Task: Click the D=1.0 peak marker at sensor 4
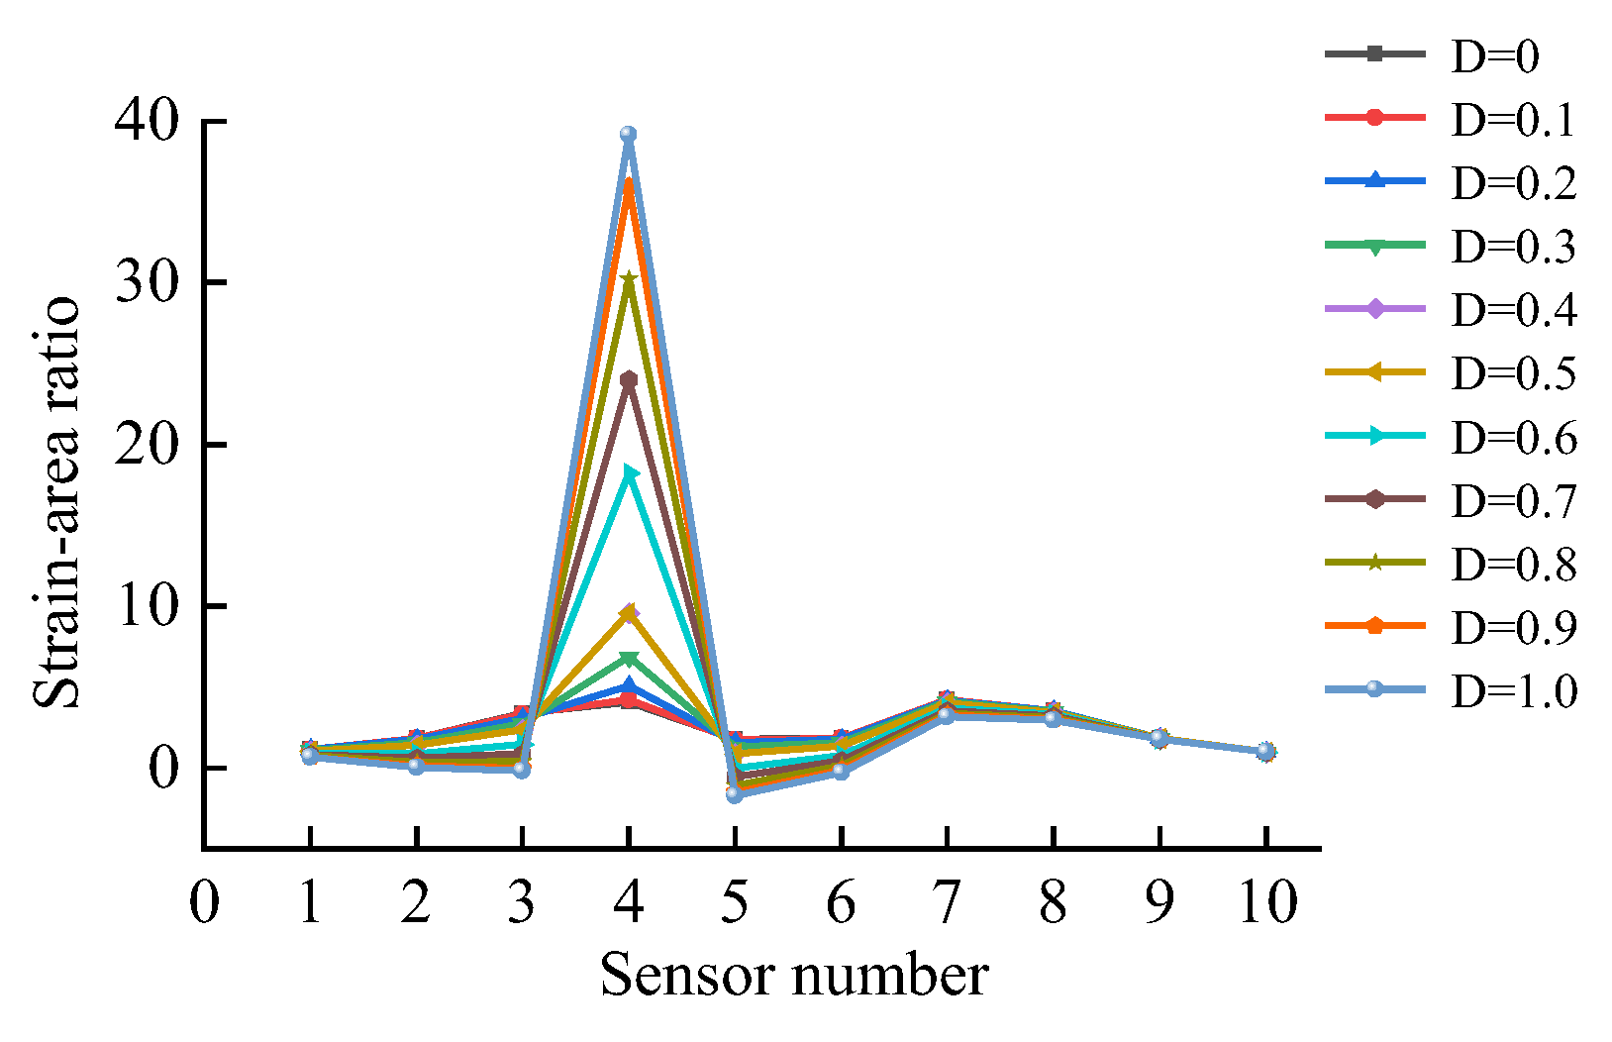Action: point(628,135)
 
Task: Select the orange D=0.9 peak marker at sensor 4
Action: point(628,184)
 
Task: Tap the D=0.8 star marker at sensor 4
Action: point(628,279)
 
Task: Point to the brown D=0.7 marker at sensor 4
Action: point(628,379)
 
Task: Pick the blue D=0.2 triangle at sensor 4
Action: point(628,685)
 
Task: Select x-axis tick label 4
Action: point(628,902)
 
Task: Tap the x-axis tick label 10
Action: point(1266,902)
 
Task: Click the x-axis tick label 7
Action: point(947,902)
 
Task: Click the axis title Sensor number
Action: point(794,976)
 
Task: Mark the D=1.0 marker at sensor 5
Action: point(734,794)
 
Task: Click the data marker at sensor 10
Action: point(1265,752)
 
